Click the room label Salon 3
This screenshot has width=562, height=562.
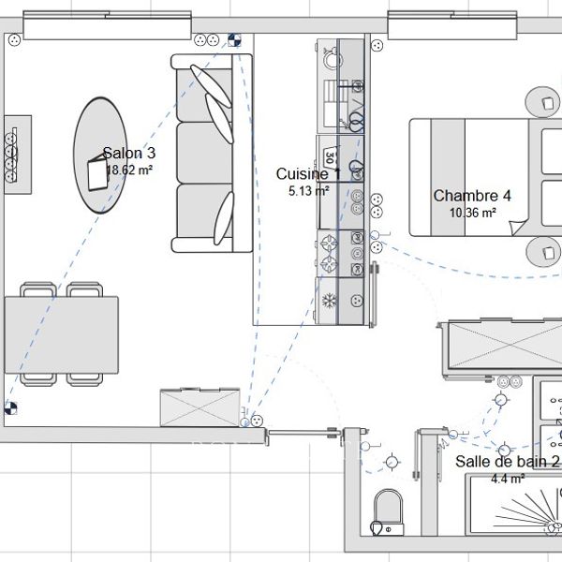[x=129, y=154]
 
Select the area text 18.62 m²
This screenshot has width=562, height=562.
[x=129, y=170]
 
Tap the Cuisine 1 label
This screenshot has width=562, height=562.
[x=302, y=174]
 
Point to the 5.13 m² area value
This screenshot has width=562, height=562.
[x=308, y=190]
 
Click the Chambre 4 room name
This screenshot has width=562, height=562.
[x=472, y=196]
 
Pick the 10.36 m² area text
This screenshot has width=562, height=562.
[x=472, y=213]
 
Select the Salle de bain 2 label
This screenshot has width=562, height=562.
[x=507, y=462]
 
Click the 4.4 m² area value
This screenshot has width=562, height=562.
[x=507, y=478]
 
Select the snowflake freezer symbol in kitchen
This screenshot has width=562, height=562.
[x=329, y=301]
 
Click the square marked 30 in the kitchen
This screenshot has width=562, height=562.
[x=329, y=153]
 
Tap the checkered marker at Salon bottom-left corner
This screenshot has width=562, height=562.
[x=10, y=407]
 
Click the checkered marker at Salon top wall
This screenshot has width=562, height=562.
[x=233, y=39]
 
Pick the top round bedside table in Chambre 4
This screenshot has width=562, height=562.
[x=544, y=100]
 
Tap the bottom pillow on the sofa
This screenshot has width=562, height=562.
[x=225, y=219]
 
